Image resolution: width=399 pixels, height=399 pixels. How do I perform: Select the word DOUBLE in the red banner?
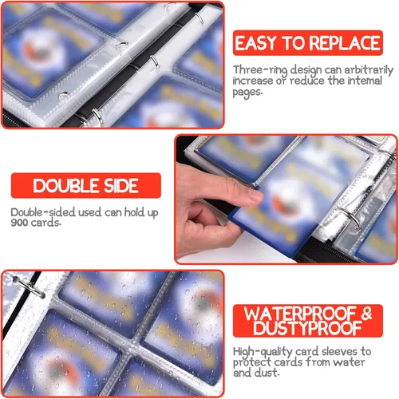tap(66, 186)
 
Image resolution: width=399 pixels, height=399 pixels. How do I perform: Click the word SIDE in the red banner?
tap(121, 186)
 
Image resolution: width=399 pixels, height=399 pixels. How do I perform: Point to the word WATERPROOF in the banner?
tap(300, 314)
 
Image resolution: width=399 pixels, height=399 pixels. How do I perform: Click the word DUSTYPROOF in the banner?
tap(307, 328)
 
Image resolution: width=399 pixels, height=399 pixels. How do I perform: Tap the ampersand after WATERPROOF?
tap(366, 314)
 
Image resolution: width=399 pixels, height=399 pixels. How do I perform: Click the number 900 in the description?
tap(19, 223)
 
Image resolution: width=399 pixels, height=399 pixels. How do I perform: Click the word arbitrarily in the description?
tap(369, 70)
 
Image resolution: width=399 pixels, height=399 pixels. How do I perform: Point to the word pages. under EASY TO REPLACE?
tap(247, 93)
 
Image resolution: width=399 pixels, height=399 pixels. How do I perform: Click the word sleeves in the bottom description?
tap(340, 352)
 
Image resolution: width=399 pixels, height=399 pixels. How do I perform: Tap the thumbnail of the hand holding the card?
tap(286, 199)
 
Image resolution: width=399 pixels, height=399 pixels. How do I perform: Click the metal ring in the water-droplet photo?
tap(30, 287)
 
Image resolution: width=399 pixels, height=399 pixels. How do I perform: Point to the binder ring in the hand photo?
tap(352, 219)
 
